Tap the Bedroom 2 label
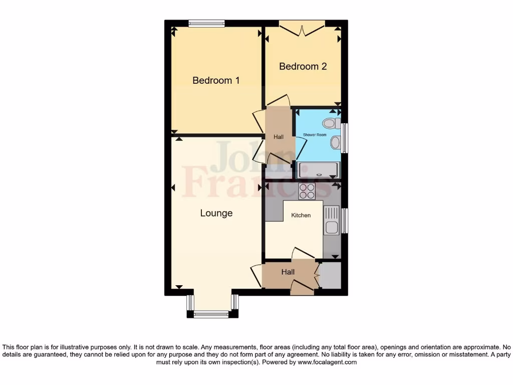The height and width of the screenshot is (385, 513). coord(303,66)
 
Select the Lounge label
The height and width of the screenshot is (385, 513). coord(216,213)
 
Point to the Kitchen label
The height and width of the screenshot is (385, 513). coord(301,215)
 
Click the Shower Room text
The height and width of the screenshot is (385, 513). coord(315,135)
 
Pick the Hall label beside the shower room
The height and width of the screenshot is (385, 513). coord(278,137)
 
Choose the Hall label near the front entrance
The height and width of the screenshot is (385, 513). coord(288,272)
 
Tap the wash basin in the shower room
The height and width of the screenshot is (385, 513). coord(335,143)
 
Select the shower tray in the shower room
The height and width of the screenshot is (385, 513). coord(318,170)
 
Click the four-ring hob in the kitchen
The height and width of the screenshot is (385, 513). coord(307,191)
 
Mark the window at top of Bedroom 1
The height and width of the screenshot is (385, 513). coord(206,23)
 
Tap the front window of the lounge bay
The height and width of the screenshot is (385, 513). coord(210,314)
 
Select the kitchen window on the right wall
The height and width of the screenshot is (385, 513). coord(345,221)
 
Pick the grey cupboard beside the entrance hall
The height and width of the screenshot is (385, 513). coord(330,275)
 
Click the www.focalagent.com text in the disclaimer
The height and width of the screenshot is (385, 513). coord(327,362)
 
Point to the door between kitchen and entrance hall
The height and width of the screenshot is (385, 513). coord(303,253)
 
